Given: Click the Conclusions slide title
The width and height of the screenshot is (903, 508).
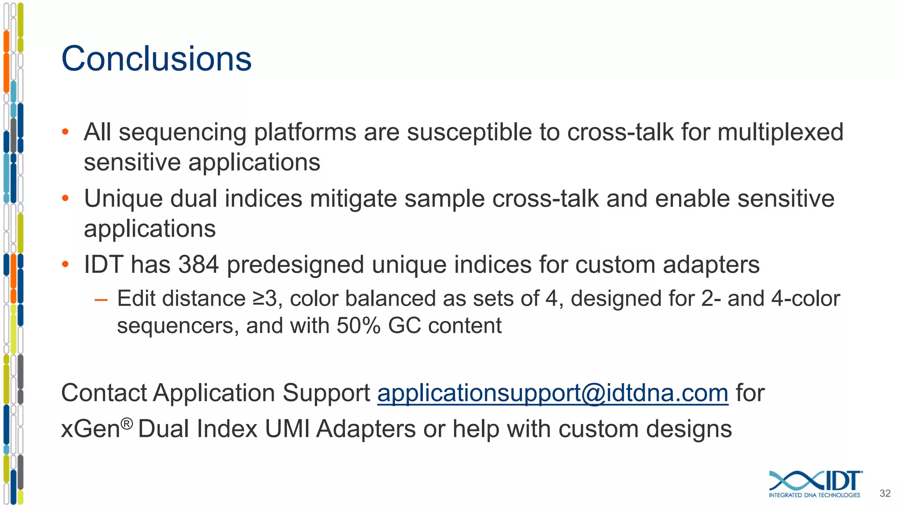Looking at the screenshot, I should pyautogui.click(x=156, y=59).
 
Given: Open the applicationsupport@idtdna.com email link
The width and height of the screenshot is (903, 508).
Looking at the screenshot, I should pyautogui.click(x=552, y=393).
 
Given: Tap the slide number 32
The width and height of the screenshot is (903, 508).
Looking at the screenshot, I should pyautogui.click(x=885, y=493).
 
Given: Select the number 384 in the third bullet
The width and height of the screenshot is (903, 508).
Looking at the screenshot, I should pyautogui.click(x=198, y=265).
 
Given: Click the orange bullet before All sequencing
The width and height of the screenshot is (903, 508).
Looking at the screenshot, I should pyautogui.click(x=65, y=132).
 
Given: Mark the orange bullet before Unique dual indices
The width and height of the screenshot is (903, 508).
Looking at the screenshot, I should pyautogui.click(x=65, y=198).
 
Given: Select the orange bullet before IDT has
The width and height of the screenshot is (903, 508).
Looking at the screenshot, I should pyautogui.click(x=65, y=265).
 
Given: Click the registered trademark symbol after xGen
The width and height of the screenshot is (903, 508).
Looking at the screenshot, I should pyautogui.click(x=127, y=424).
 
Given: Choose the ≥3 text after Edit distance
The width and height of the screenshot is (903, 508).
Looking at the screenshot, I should pyautogui.click(x=265, y=299).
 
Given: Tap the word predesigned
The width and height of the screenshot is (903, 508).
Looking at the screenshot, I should pyautogui.click(x=295, y=265).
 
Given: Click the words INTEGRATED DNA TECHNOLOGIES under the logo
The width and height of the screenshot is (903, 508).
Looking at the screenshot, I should pyautogui.click(x=814, y=495).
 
